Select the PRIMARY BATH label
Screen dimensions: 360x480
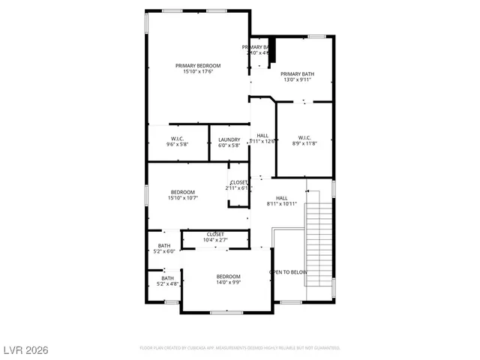click(298, 73)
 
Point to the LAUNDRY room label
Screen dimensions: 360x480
click(229, 139)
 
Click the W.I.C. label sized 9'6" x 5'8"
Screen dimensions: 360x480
click(178, 139)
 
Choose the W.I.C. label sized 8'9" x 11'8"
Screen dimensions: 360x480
click(304, 137)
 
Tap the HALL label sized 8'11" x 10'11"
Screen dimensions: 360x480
click(282, 197)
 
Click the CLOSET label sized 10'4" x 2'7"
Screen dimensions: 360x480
click(215, 234)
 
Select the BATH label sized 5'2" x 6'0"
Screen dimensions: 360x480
click(164, 246)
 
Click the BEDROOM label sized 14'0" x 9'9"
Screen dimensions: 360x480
click(229, 276)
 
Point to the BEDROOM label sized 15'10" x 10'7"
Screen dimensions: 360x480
click(182, 192)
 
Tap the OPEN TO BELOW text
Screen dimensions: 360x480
click(288, 271)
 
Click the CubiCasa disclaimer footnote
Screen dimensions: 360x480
click(240, 348)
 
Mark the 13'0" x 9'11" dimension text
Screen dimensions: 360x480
click(298, 80)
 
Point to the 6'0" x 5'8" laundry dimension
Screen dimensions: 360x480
click(229, 145)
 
